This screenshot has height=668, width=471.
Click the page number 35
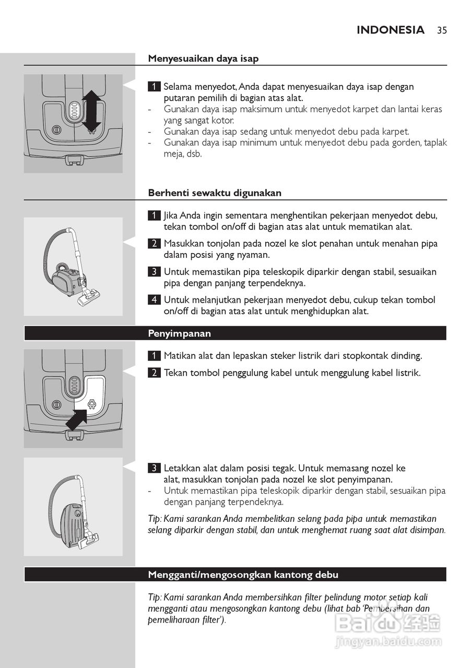pyautogui.click(x=442, y=30)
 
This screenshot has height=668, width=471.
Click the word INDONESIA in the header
pyautogui.click(x=391, y=30)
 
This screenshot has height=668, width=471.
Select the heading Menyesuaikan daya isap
pyautogui.click(x=203, y=58)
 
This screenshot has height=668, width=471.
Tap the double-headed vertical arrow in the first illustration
pyautogui.click(x=91, y=111)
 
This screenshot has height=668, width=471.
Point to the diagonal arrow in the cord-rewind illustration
pyautogui.click(x=76, y=420)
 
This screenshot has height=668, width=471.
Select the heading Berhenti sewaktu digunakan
pyautogui.click(x=215, y=193)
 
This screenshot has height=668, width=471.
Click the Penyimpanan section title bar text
pyautogui.click(x=180, y=333)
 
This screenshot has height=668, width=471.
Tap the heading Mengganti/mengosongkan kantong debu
pyautogui.click(x=243, y=575)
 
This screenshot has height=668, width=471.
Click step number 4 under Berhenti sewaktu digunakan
pyautogui.click(x=154, y=300)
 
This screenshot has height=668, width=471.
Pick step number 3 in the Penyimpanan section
pyautogui.click(x=154, y=468)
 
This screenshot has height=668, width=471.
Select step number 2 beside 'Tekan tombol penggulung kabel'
pyautogui.click(x=154, y=373)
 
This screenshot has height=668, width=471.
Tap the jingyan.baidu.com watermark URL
pyautogui.click(x=388, y=640)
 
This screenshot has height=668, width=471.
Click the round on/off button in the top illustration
pyautogui.click(x=56, y=130)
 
